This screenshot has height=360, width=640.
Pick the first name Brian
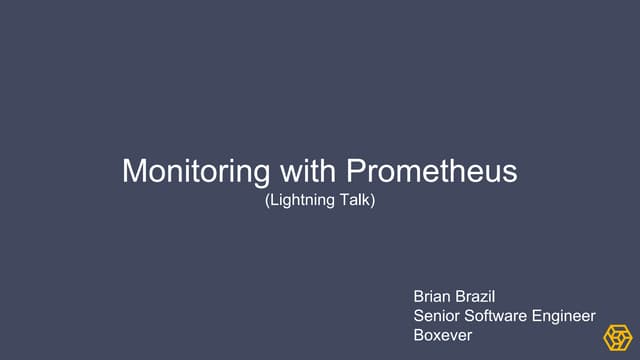point(433,298)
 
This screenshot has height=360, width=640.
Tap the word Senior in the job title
point(437,317)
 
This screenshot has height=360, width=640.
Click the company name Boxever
point(443,336)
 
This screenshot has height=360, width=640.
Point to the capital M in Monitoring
point(133,171)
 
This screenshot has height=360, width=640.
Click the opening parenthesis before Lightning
point(267,201)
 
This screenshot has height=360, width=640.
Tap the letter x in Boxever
point(440,336)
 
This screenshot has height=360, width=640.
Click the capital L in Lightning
point(273,201)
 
